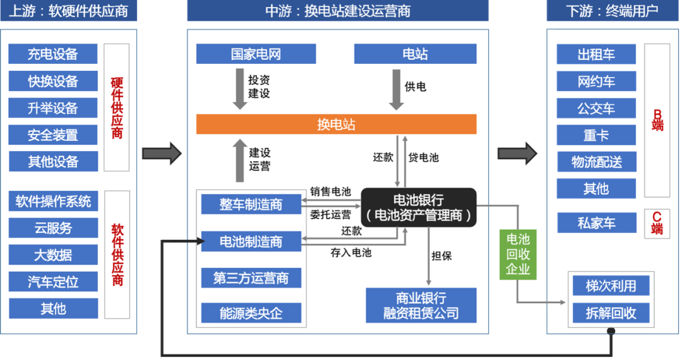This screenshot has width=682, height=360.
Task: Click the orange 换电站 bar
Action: pos(336,124)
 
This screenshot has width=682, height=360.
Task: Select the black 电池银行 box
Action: pos(418,207)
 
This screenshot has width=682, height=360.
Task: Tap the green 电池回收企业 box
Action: pos(518,254)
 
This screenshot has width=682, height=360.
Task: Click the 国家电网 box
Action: pos(256,54)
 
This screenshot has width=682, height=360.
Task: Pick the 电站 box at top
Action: pos(415,54)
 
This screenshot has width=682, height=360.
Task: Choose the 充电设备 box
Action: pos(53,54)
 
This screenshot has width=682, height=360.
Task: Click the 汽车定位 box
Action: pos(53,282)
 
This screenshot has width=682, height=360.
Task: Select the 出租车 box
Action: pos(596,54)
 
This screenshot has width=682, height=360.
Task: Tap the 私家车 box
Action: pos(596,222)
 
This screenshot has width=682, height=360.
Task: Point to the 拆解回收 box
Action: pos(611,313)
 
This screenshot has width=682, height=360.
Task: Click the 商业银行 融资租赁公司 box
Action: pos(421,305)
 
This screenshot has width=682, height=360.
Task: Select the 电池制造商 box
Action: pos(251,241)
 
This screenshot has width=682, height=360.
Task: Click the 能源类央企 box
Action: pos(251,313)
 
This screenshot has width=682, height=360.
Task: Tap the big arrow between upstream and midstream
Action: pos(161,153)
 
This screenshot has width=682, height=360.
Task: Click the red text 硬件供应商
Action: pos(117,107)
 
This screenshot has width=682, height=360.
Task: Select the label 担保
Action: pos(441,256)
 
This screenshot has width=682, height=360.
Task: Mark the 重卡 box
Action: pos(596,135)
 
